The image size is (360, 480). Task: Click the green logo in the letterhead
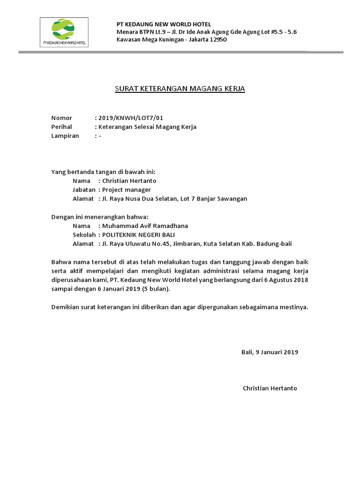coord(64,29)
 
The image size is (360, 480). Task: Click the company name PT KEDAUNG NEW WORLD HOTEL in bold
coord(164,24)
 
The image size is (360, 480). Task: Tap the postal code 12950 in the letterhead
coord(217,40)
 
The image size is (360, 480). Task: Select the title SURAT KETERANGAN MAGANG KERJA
coord(180,88)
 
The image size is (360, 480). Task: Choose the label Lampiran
coord(65,136)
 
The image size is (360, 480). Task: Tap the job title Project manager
coord(126,189)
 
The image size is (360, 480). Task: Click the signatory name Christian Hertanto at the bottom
coord(270,388)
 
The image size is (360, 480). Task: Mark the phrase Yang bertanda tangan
coord(80,172)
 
